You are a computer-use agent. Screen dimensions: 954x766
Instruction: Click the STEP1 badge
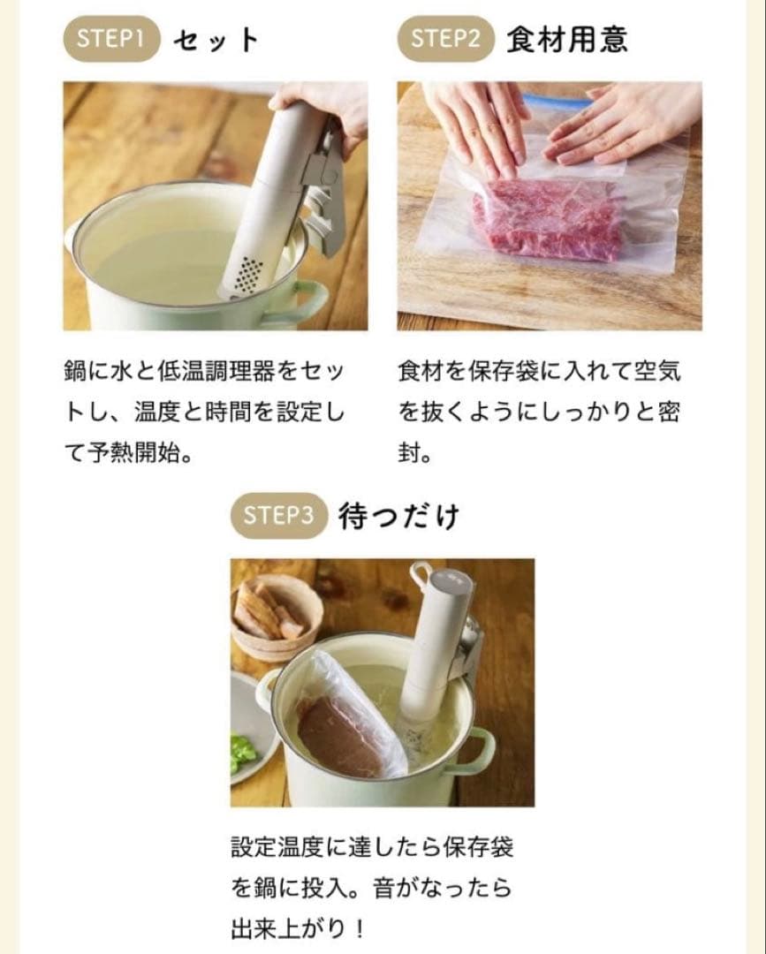click(111, 39)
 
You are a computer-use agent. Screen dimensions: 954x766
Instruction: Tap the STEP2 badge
click(445, 39)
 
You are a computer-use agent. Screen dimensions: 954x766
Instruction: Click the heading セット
click(216, 40)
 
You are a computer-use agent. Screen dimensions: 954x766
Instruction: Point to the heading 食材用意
click(567, 40)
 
